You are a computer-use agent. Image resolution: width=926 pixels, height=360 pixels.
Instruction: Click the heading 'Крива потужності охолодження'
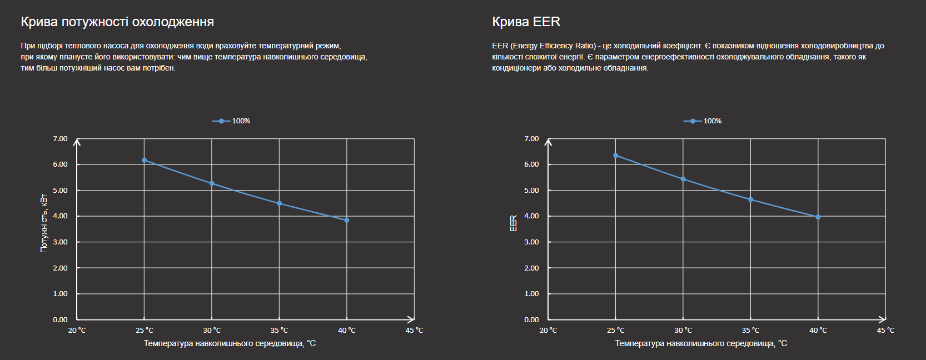coord(117,22)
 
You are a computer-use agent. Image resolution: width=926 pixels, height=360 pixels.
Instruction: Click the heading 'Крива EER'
coord(526,22)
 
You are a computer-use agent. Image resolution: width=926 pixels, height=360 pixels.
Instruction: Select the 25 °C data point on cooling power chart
coord(145,160)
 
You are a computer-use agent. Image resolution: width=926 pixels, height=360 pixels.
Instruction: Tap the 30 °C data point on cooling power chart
coord(212,183)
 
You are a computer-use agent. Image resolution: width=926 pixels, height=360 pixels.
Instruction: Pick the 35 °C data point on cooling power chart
coord(280,203)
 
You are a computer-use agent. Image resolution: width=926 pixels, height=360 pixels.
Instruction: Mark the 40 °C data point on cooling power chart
coord(347,221)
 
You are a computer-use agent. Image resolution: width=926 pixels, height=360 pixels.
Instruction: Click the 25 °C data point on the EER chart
coord(616,156)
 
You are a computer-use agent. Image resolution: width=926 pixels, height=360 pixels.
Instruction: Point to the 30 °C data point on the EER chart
coord(683,179)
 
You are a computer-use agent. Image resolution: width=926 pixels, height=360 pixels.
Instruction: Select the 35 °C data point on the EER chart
coord(751,199)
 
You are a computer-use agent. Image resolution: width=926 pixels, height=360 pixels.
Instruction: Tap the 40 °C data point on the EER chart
coord(818,217)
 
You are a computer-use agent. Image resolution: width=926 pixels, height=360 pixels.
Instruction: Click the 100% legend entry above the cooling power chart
coord(231,121)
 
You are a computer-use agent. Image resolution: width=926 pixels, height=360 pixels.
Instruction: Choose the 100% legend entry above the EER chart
coord(703,121)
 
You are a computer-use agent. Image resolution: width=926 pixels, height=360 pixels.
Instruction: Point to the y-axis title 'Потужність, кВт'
coord(44,223)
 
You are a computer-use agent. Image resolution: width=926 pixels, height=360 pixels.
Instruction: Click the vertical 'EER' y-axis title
coord(514,223)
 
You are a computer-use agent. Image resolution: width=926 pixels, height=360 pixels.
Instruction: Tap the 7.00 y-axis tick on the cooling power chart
coord(60,139)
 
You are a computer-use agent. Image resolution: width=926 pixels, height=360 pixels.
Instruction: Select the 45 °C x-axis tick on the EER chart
coord(885,331)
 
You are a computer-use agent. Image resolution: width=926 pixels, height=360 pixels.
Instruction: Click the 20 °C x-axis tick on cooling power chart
coord(77,331)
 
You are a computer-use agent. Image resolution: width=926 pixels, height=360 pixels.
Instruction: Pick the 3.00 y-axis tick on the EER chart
coord(531,242)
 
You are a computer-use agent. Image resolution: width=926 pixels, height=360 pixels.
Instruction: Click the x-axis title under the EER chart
coord(701,343)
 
